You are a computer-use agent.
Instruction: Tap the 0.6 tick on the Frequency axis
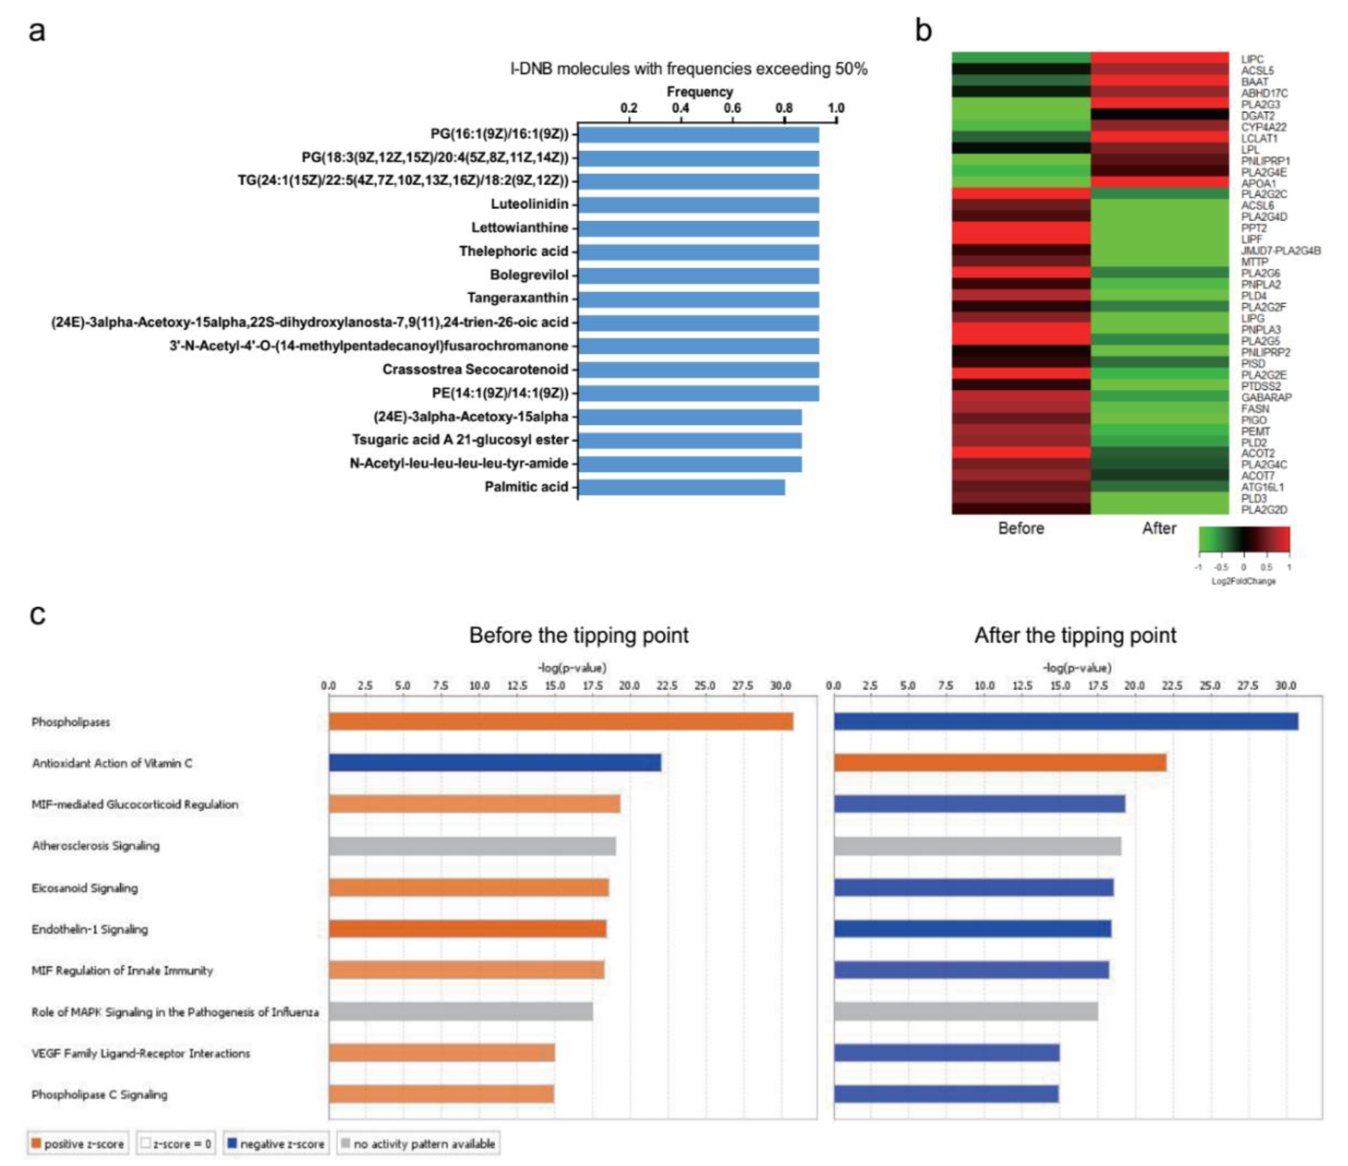732,108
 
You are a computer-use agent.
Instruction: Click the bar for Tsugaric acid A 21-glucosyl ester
690,440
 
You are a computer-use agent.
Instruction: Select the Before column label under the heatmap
1021,528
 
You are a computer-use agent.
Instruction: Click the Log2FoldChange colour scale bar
1243,539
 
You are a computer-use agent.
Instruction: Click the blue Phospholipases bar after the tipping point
1066,722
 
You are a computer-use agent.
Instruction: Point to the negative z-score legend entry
276,1144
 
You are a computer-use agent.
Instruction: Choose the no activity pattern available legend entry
418,1144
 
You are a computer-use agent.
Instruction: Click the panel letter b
923,30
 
